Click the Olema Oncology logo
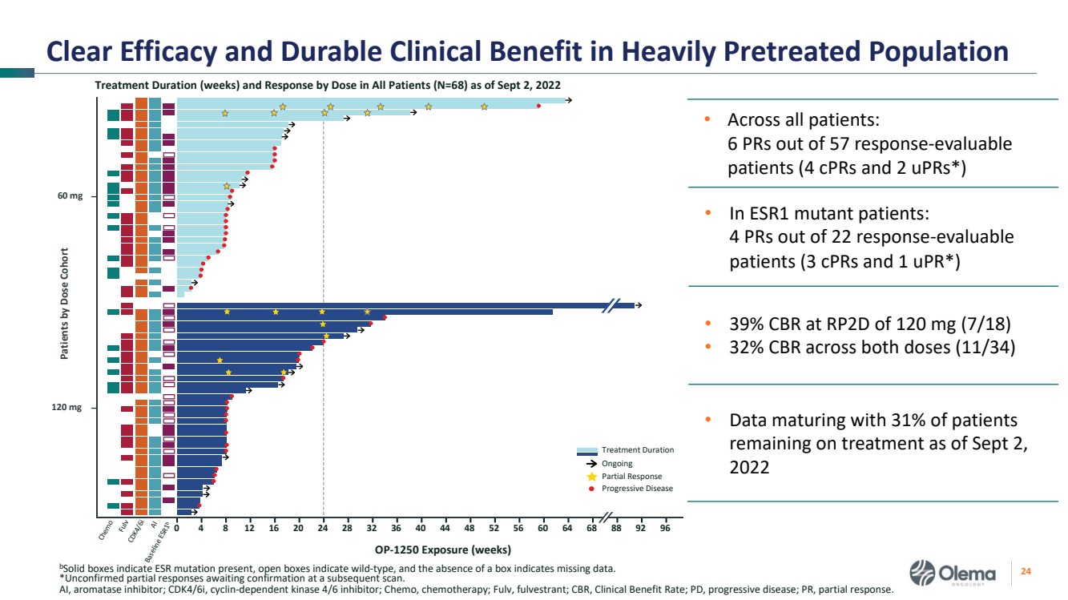[x=954, y=574]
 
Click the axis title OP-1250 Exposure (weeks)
[x=443, y=550]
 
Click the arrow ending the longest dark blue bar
[x=638, y=305]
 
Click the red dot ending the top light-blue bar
[x=538, y=106]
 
